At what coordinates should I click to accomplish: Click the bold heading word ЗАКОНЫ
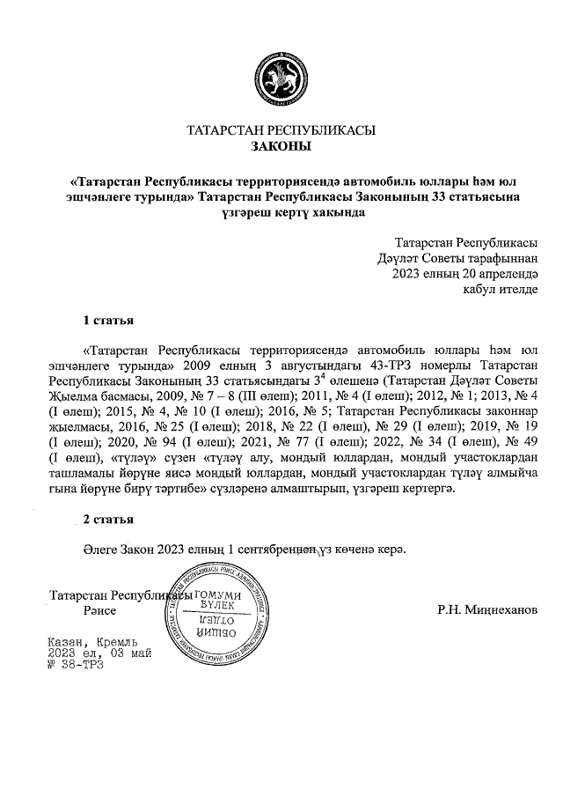click(281, 146)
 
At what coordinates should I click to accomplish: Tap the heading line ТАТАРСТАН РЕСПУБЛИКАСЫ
click(281, 130)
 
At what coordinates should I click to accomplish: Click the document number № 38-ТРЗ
click(76, 665)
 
